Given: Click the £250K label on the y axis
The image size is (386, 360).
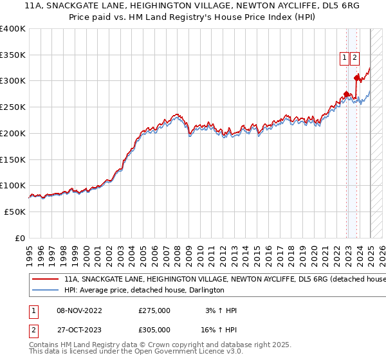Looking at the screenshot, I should point(13,107).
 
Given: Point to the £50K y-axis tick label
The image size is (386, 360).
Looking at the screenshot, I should point(15,212).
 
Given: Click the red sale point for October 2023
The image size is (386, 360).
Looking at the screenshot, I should point(356,78).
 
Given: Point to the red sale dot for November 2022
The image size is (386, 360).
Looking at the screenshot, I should point(346,94).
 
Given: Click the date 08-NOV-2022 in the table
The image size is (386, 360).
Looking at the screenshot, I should point(79,310).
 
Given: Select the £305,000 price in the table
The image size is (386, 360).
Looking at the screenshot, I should point(154,330).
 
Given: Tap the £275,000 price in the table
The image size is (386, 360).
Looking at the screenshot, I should point(154,310).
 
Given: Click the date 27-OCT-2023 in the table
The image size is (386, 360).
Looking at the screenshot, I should point(79,330).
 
